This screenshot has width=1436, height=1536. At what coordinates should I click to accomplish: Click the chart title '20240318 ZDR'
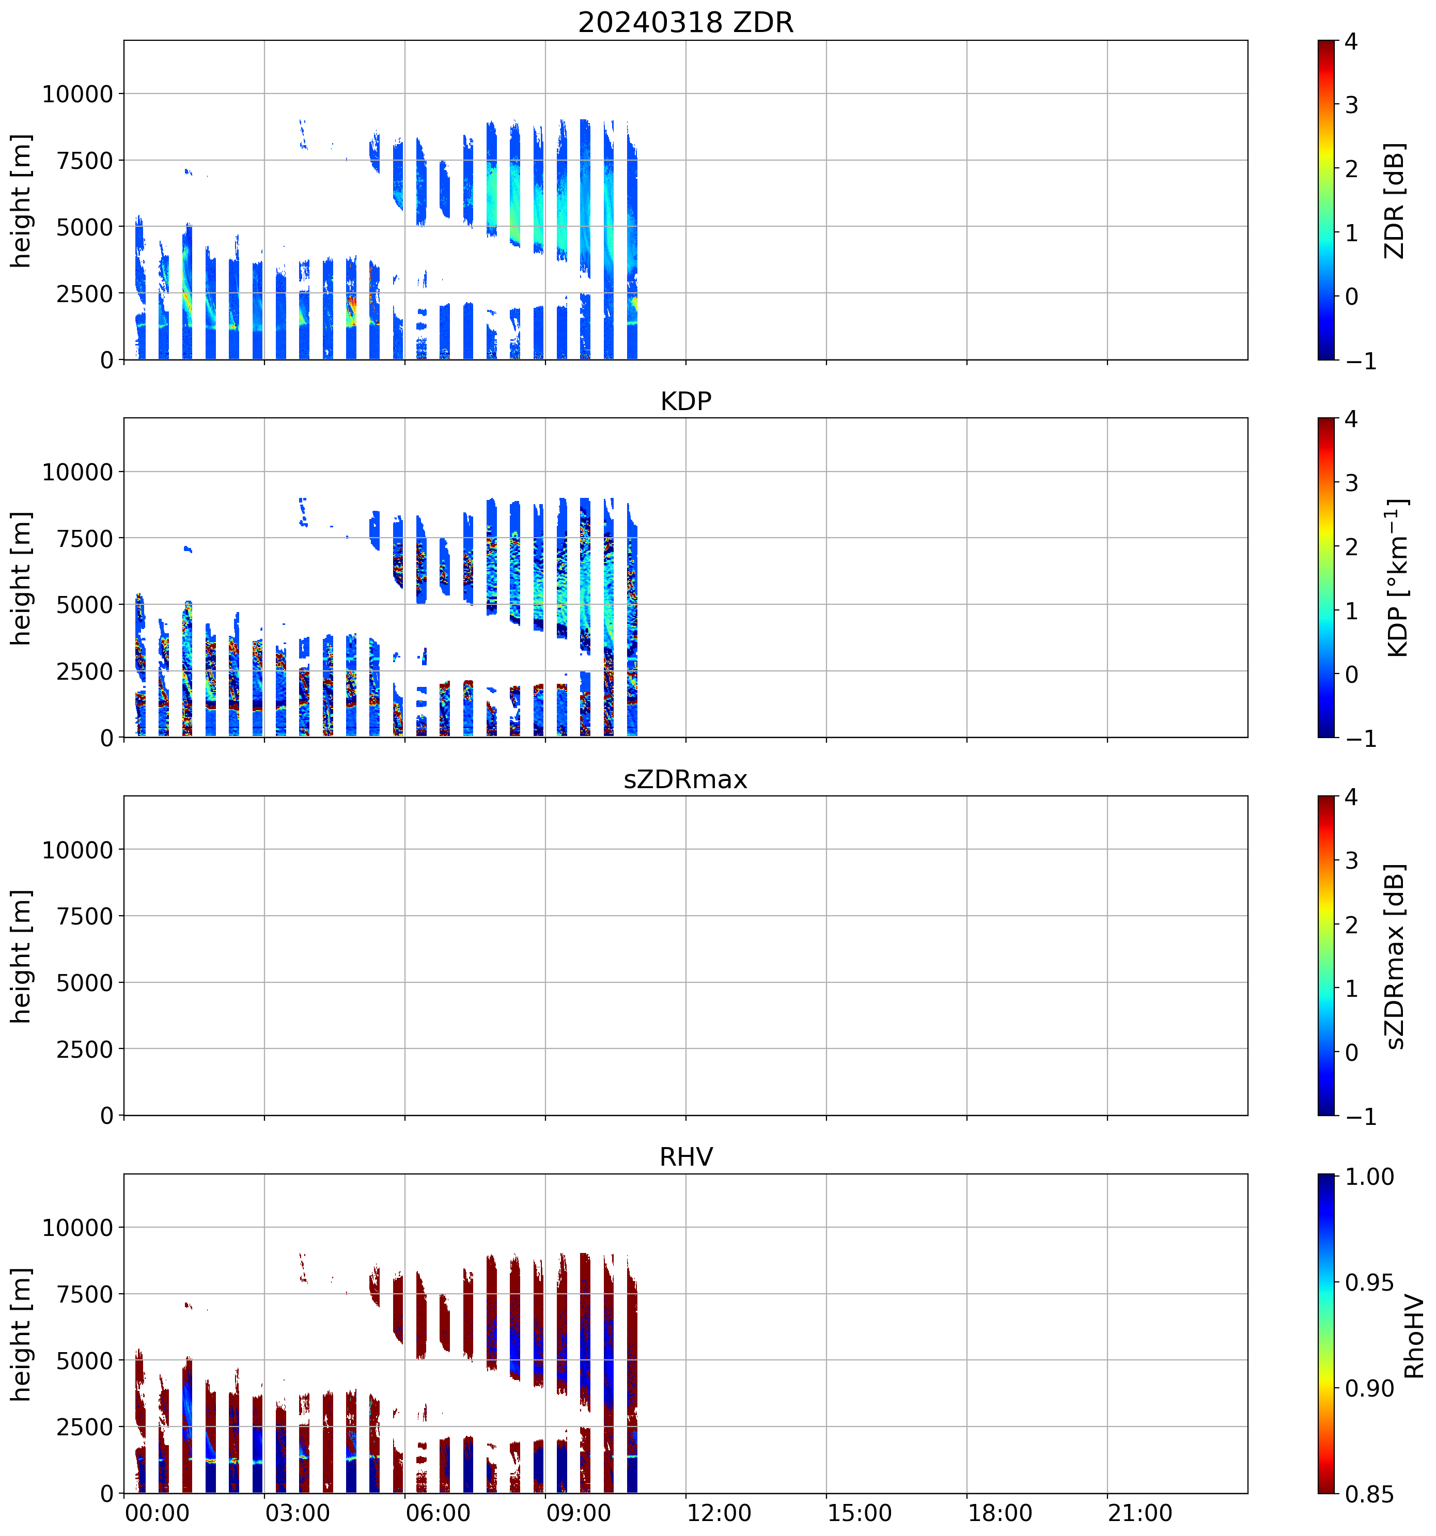click(685, 22)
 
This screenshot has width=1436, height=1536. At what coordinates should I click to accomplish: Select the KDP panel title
click(685, 401)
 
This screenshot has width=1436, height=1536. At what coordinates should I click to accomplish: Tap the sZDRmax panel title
click(685, 779)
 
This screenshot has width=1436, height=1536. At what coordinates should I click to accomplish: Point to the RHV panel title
click(685, 1156)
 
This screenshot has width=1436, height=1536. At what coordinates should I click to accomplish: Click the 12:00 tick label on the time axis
click(719, 1513)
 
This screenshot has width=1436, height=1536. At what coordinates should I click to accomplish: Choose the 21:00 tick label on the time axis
click(1140, 1513)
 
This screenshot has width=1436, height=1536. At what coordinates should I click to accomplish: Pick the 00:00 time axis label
click(157, 1513)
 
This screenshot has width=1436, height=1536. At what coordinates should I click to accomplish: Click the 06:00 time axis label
click(438, 1513)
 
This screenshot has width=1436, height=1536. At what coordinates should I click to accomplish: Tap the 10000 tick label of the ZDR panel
click(77, 95)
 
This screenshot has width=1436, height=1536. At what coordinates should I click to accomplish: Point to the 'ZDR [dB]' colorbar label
click(1394, 200)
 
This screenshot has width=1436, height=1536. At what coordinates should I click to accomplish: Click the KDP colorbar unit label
click(1397, 578)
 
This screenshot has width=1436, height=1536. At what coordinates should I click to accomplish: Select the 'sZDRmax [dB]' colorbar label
click(1394, 956)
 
